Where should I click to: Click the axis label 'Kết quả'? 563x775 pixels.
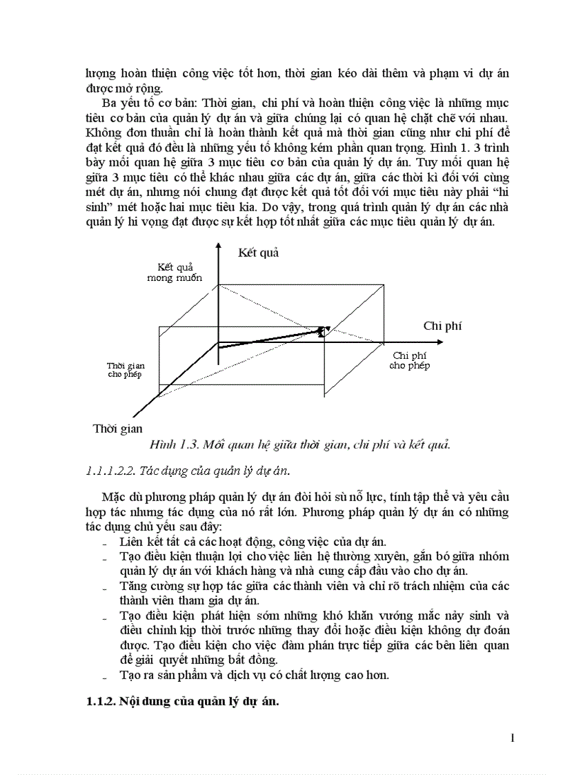pyautogui.click(x=258, y=253)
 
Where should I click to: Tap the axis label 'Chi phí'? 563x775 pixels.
pyautogui.click(x=442, y=326)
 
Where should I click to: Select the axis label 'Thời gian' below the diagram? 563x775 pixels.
pyautogui.click(x=117, y=429)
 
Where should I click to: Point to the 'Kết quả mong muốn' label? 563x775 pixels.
pyautogui.click(x=175, y=272)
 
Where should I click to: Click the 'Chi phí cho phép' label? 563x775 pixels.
pyautogui.click(x=409, y=360)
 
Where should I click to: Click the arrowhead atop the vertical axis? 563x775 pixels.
pyautogui.click(x=218, y=246)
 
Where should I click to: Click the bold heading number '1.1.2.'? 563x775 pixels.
pyautogui.click(x=101, y=703)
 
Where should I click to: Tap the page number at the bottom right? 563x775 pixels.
pyautogui.click(x=513, y=738)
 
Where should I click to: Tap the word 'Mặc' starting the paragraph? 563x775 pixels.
pyautogui.click(x=114, y=497)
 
